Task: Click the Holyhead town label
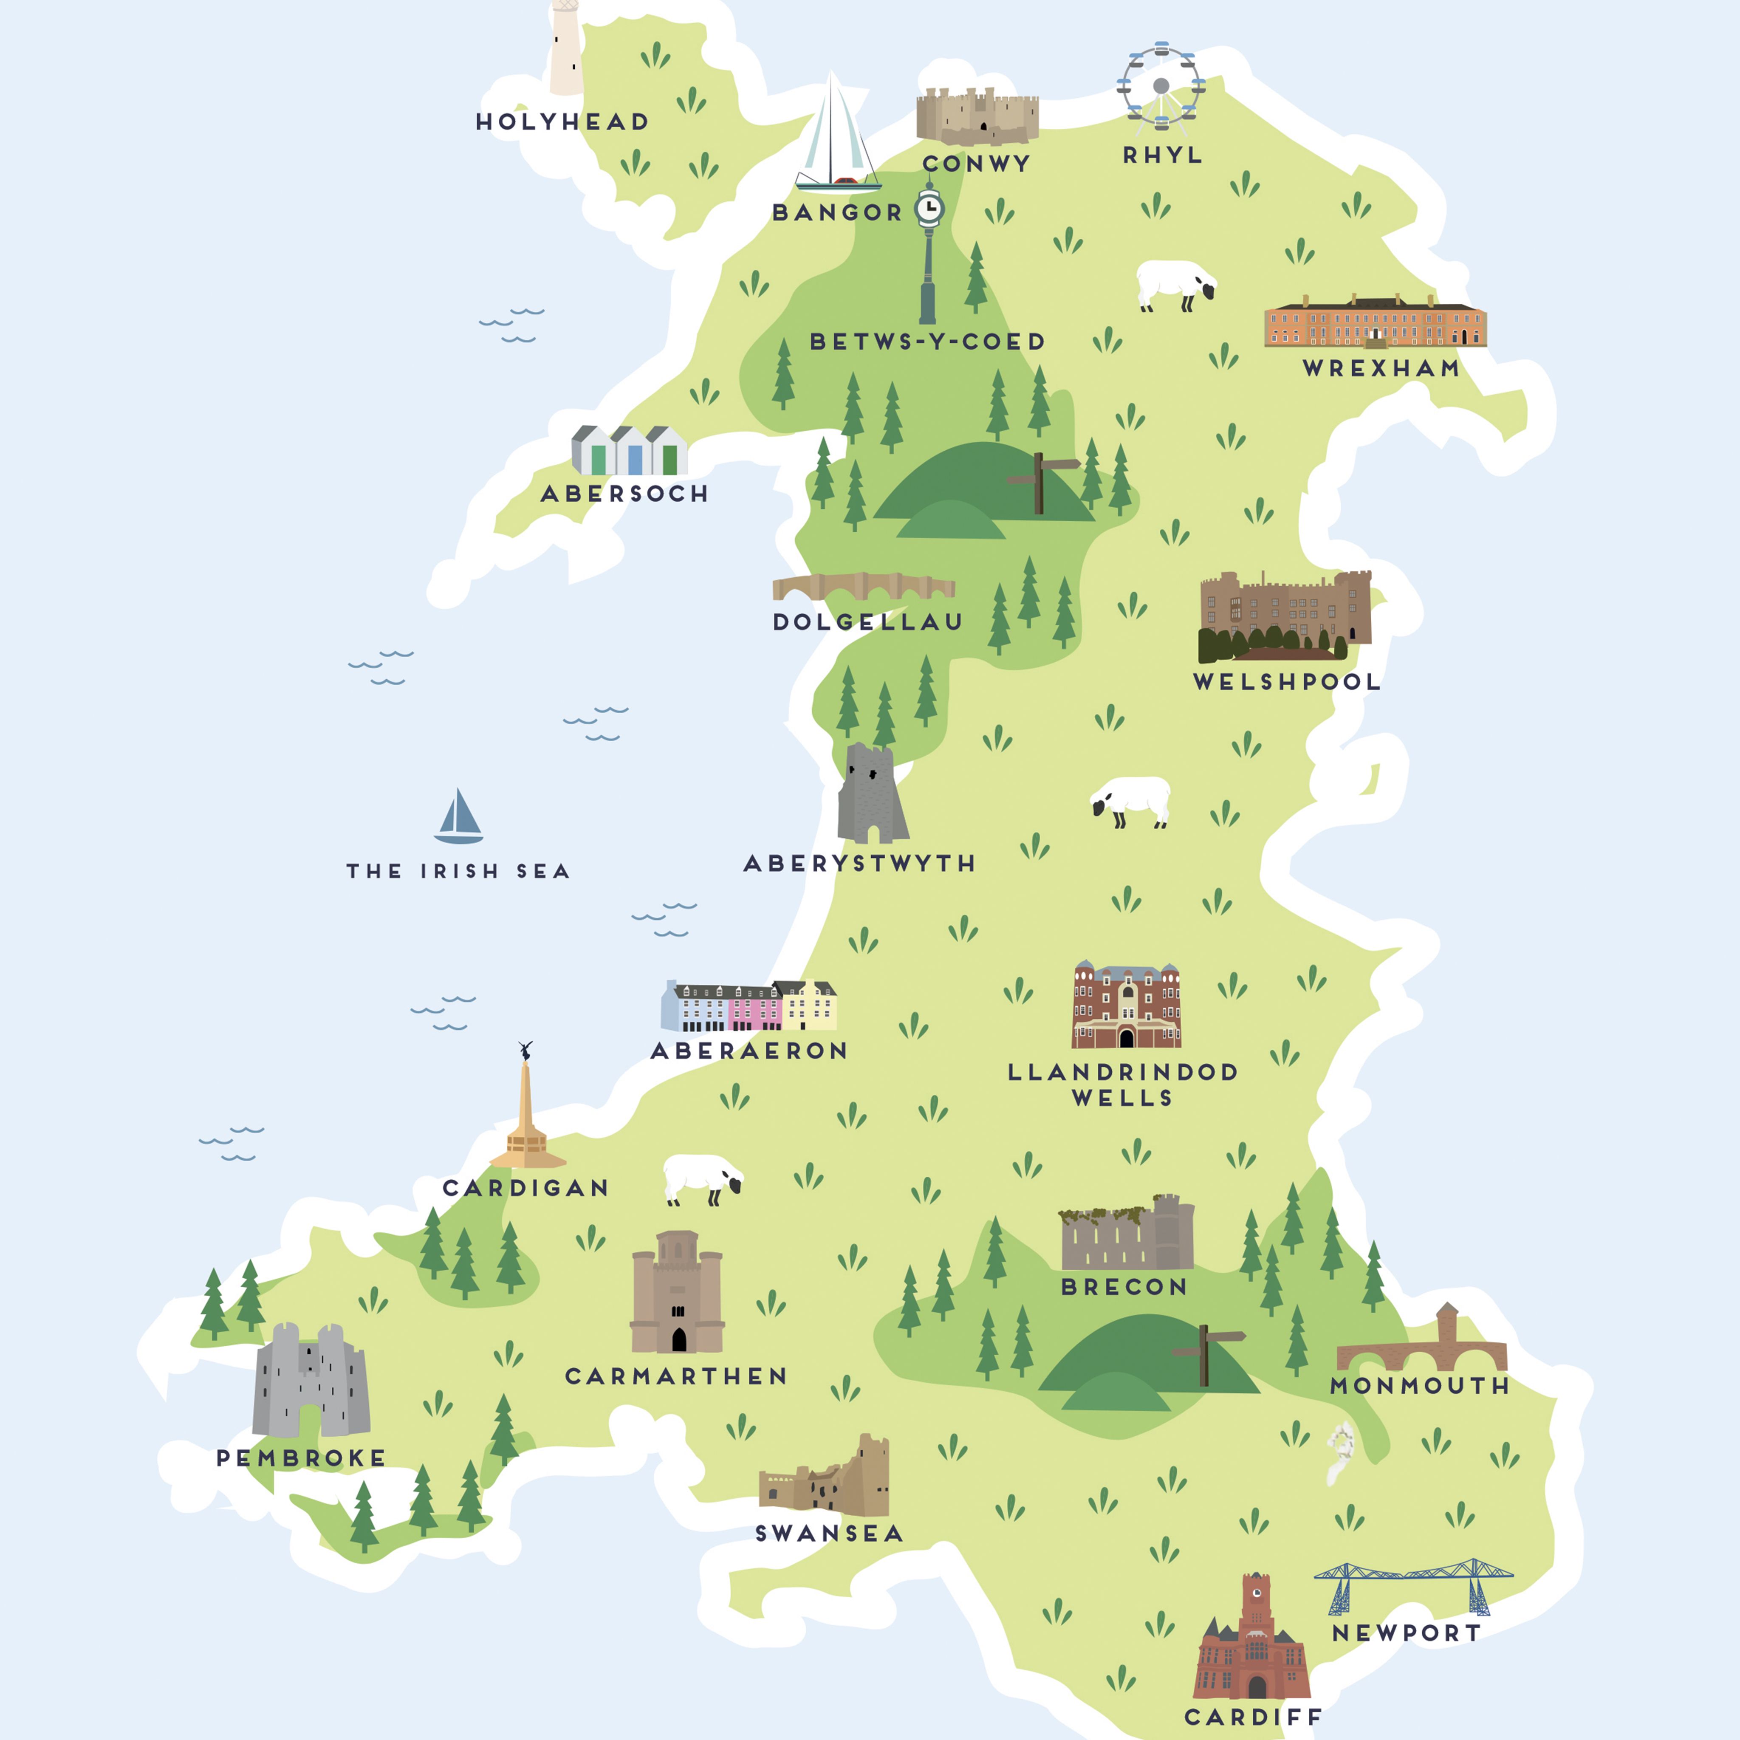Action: click(x=562, y=121)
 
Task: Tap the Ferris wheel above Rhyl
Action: click(x=1161, y=85)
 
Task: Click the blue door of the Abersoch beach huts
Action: click(x=635, y=459)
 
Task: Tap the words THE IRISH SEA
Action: click(x=458, y=871)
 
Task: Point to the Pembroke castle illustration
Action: click(x=311, y=1382)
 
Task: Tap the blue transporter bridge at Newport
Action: click(x=1412, y=1585)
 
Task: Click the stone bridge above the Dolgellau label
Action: click(x=863, y=587)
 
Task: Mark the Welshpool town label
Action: click(x=1286, y=682)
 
